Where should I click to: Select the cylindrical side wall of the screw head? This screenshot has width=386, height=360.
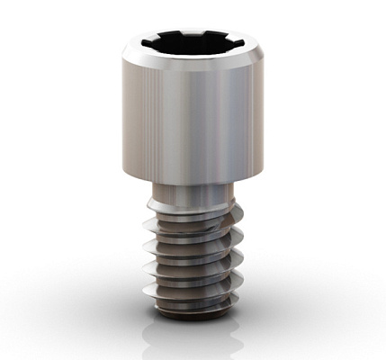pyautogui.click(x=193, y=117)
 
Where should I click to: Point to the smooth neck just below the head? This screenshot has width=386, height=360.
pyautogui.click(x=193, y=193)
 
